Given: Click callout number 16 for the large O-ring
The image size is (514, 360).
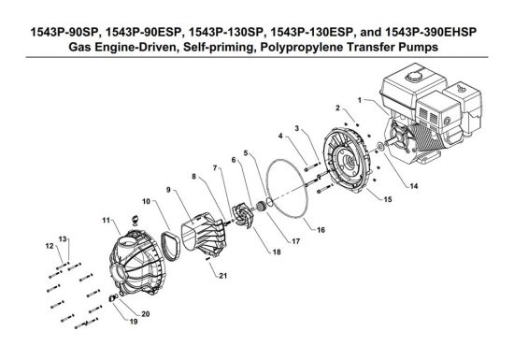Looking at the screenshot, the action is coord(321,230).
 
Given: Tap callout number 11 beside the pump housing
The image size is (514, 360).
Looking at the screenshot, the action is coord(106,221).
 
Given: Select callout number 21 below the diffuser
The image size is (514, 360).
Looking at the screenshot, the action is coord(223,276).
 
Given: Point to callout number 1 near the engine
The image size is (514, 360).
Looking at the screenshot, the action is coord(360,100).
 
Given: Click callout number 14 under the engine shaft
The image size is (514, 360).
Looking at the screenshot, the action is coord(414,186).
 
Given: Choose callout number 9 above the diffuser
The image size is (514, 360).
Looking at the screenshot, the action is coord(168,190).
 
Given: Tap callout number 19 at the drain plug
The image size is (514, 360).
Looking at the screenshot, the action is coord(134,322).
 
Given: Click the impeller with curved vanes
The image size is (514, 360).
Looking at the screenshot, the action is coord(242,216).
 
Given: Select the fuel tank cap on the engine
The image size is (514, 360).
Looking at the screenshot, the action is coord(415,77).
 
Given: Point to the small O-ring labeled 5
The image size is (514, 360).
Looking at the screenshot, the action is coord(269,202).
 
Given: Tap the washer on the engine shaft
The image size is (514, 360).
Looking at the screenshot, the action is coord(380,147).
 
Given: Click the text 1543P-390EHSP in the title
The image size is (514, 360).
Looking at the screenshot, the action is coord(431,32).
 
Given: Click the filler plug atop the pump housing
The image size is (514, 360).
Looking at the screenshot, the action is coord(136,219).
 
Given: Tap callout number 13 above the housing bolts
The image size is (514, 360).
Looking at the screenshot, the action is coord(63,239).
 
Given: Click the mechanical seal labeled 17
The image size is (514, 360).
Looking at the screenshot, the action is coord(261,208).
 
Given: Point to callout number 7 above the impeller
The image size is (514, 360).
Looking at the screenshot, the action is coord(215,168).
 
